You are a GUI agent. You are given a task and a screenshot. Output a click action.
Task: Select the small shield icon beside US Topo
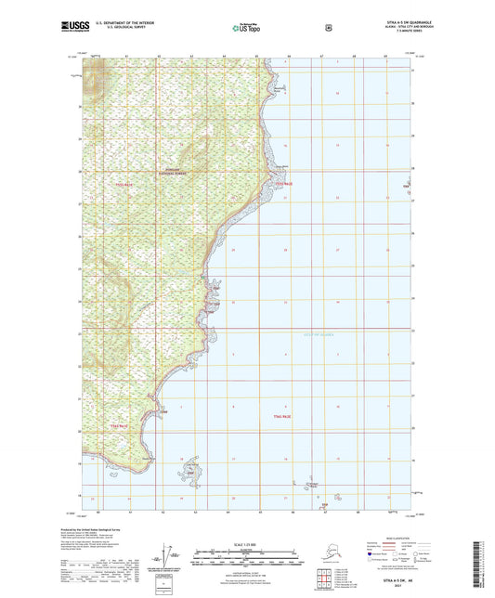(x=328, y=29)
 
